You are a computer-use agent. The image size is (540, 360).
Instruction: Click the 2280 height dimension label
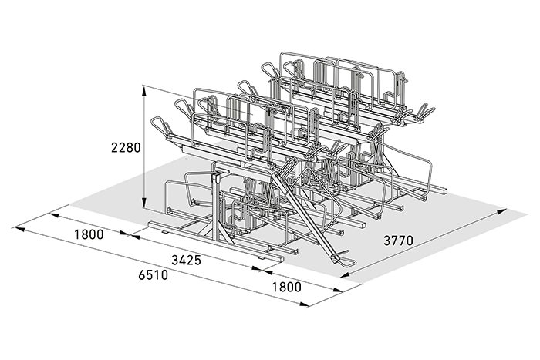tap(126, 147)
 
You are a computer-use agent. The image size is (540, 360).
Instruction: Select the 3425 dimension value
tap(187, 261)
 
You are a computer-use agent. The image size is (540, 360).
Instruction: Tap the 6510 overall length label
tap(154, 274)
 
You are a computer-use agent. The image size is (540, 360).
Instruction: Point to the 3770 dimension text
tap(398, 241)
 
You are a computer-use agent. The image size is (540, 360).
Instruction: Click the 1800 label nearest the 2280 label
tap(89, 234)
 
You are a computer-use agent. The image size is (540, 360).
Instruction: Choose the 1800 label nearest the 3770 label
tap(286, 287)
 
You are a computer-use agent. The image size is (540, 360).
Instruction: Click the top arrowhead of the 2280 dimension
tap(145, 90)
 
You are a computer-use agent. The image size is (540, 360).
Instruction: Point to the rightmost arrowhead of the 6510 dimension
tap(304, 304)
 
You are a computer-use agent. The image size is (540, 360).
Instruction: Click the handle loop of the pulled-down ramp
tap(347, 261)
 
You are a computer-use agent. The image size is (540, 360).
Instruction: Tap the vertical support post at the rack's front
tap(216, 207)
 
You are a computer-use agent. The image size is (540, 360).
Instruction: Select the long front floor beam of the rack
tap(216, 242)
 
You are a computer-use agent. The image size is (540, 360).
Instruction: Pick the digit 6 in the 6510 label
tap(142, 274)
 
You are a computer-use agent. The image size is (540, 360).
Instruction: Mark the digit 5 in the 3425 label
tap(197, 261)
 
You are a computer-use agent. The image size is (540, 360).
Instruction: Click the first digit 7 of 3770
tap(395, 241)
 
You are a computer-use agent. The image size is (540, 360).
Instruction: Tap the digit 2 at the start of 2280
tap(114, 147)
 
